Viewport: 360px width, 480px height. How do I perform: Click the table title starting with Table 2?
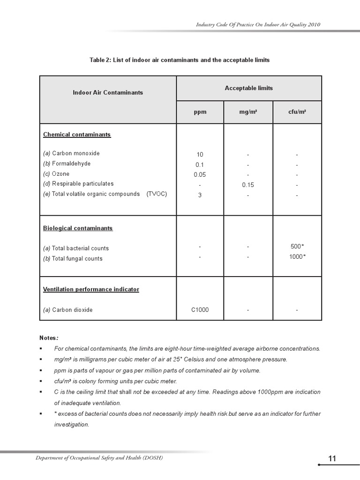(x=180, y=60)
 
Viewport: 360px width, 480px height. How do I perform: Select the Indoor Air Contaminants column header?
(x=108, y=92)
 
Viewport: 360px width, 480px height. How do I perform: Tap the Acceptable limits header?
(x=248, y=88)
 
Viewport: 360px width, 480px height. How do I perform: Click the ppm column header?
(x=200, y=112)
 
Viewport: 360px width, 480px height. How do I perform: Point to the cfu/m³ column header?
(x=297, y=112)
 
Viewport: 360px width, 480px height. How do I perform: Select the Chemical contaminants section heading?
(x=77, y=135)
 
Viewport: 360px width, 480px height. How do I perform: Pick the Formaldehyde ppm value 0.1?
(x=200, y=165)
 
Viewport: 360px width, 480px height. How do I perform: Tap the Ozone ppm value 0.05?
(x=200, y=175)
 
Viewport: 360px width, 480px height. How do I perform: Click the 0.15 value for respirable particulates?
(x=248, y=185)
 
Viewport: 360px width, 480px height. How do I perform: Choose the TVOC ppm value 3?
(x=200, y=195)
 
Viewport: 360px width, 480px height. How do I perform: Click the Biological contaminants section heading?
(x=78, y=228)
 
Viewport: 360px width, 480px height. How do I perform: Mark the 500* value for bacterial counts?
(x=298, y=247)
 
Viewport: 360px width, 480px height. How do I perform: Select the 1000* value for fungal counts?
(x=298, y=257)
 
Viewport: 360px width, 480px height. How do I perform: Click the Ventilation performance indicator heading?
(x=91, y=289)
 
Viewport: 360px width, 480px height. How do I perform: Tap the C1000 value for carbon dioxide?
(x=200, y=310)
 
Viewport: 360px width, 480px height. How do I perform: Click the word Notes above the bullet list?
(x=49, y=337)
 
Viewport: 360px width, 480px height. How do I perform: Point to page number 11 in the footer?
(x=332, y=459)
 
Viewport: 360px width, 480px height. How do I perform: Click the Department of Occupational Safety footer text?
(x=99, y=457)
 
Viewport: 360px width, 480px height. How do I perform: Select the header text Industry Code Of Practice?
(x=259, y=24)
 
